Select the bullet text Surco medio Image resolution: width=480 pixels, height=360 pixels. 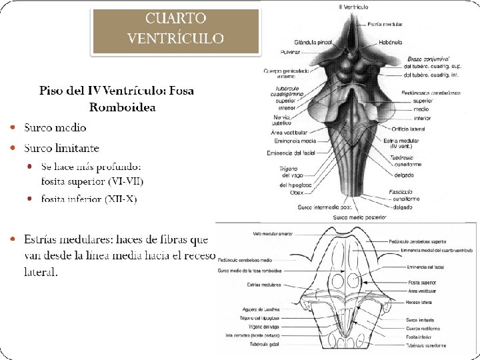tap(55, 127)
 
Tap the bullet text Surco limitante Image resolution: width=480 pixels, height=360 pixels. tap(62, 147)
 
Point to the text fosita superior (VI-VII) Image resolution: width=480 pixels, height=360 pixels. tap(92, 180)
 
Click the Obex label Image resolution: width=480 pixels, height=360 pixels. tap(297, 193)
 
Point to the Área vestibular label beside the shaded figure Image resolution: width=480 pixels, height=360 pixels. tap(288, 133)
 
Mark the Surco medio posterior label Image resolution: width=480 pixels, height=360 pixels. tap(360, 217)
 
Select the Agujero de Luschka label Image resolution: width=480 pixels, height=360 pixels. tap(263, 309)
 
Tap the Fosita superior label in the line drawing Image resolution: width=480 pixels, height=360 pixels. tap(422, 282)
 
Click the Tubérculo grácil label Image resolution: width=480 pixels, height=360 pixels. tap(265, 345)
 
